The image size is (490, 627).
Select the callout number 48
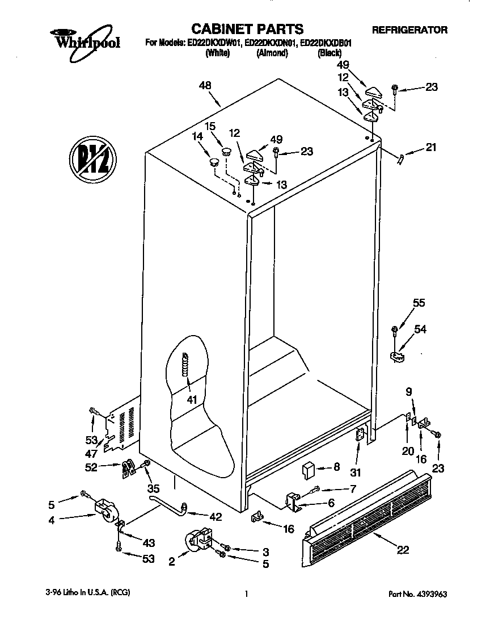205,86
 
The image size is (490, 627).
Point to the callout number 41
192,400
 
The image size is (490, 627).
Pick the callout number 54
420,329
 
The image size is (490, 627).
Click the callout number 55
419,303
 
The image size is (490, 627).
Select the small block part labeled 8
309,470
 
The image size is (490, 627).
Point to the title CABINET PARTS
247,28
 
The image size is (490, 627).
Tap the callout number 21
432,149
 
